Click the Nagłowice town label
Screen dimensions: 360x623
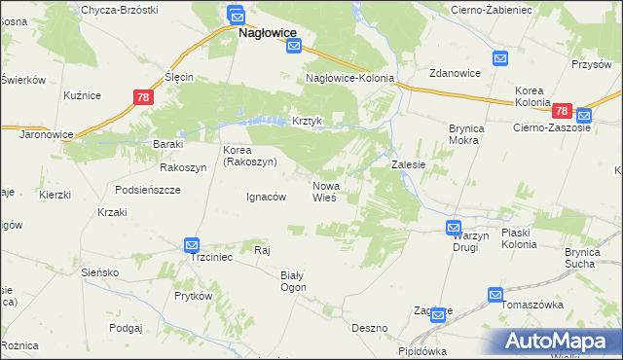[268, 32]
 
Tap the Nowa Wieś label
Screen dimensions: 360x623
[324, 191]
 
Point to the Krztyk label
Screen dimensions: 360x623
[307, 122]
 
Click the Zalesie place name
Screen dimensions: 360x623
[409, 165]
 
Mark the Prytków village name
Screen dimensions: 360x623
[193, 295]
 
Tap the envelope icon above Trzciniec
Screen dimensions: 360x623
[192, 245]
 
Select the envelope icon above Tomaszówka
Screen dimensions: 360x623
[495, 295]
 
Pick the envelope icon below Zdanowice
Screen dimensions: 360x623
[499, 59]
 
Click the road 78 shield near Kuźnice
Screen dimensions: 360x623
[142, 97]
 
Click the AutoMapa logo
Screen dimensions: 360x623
[557, 341]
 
